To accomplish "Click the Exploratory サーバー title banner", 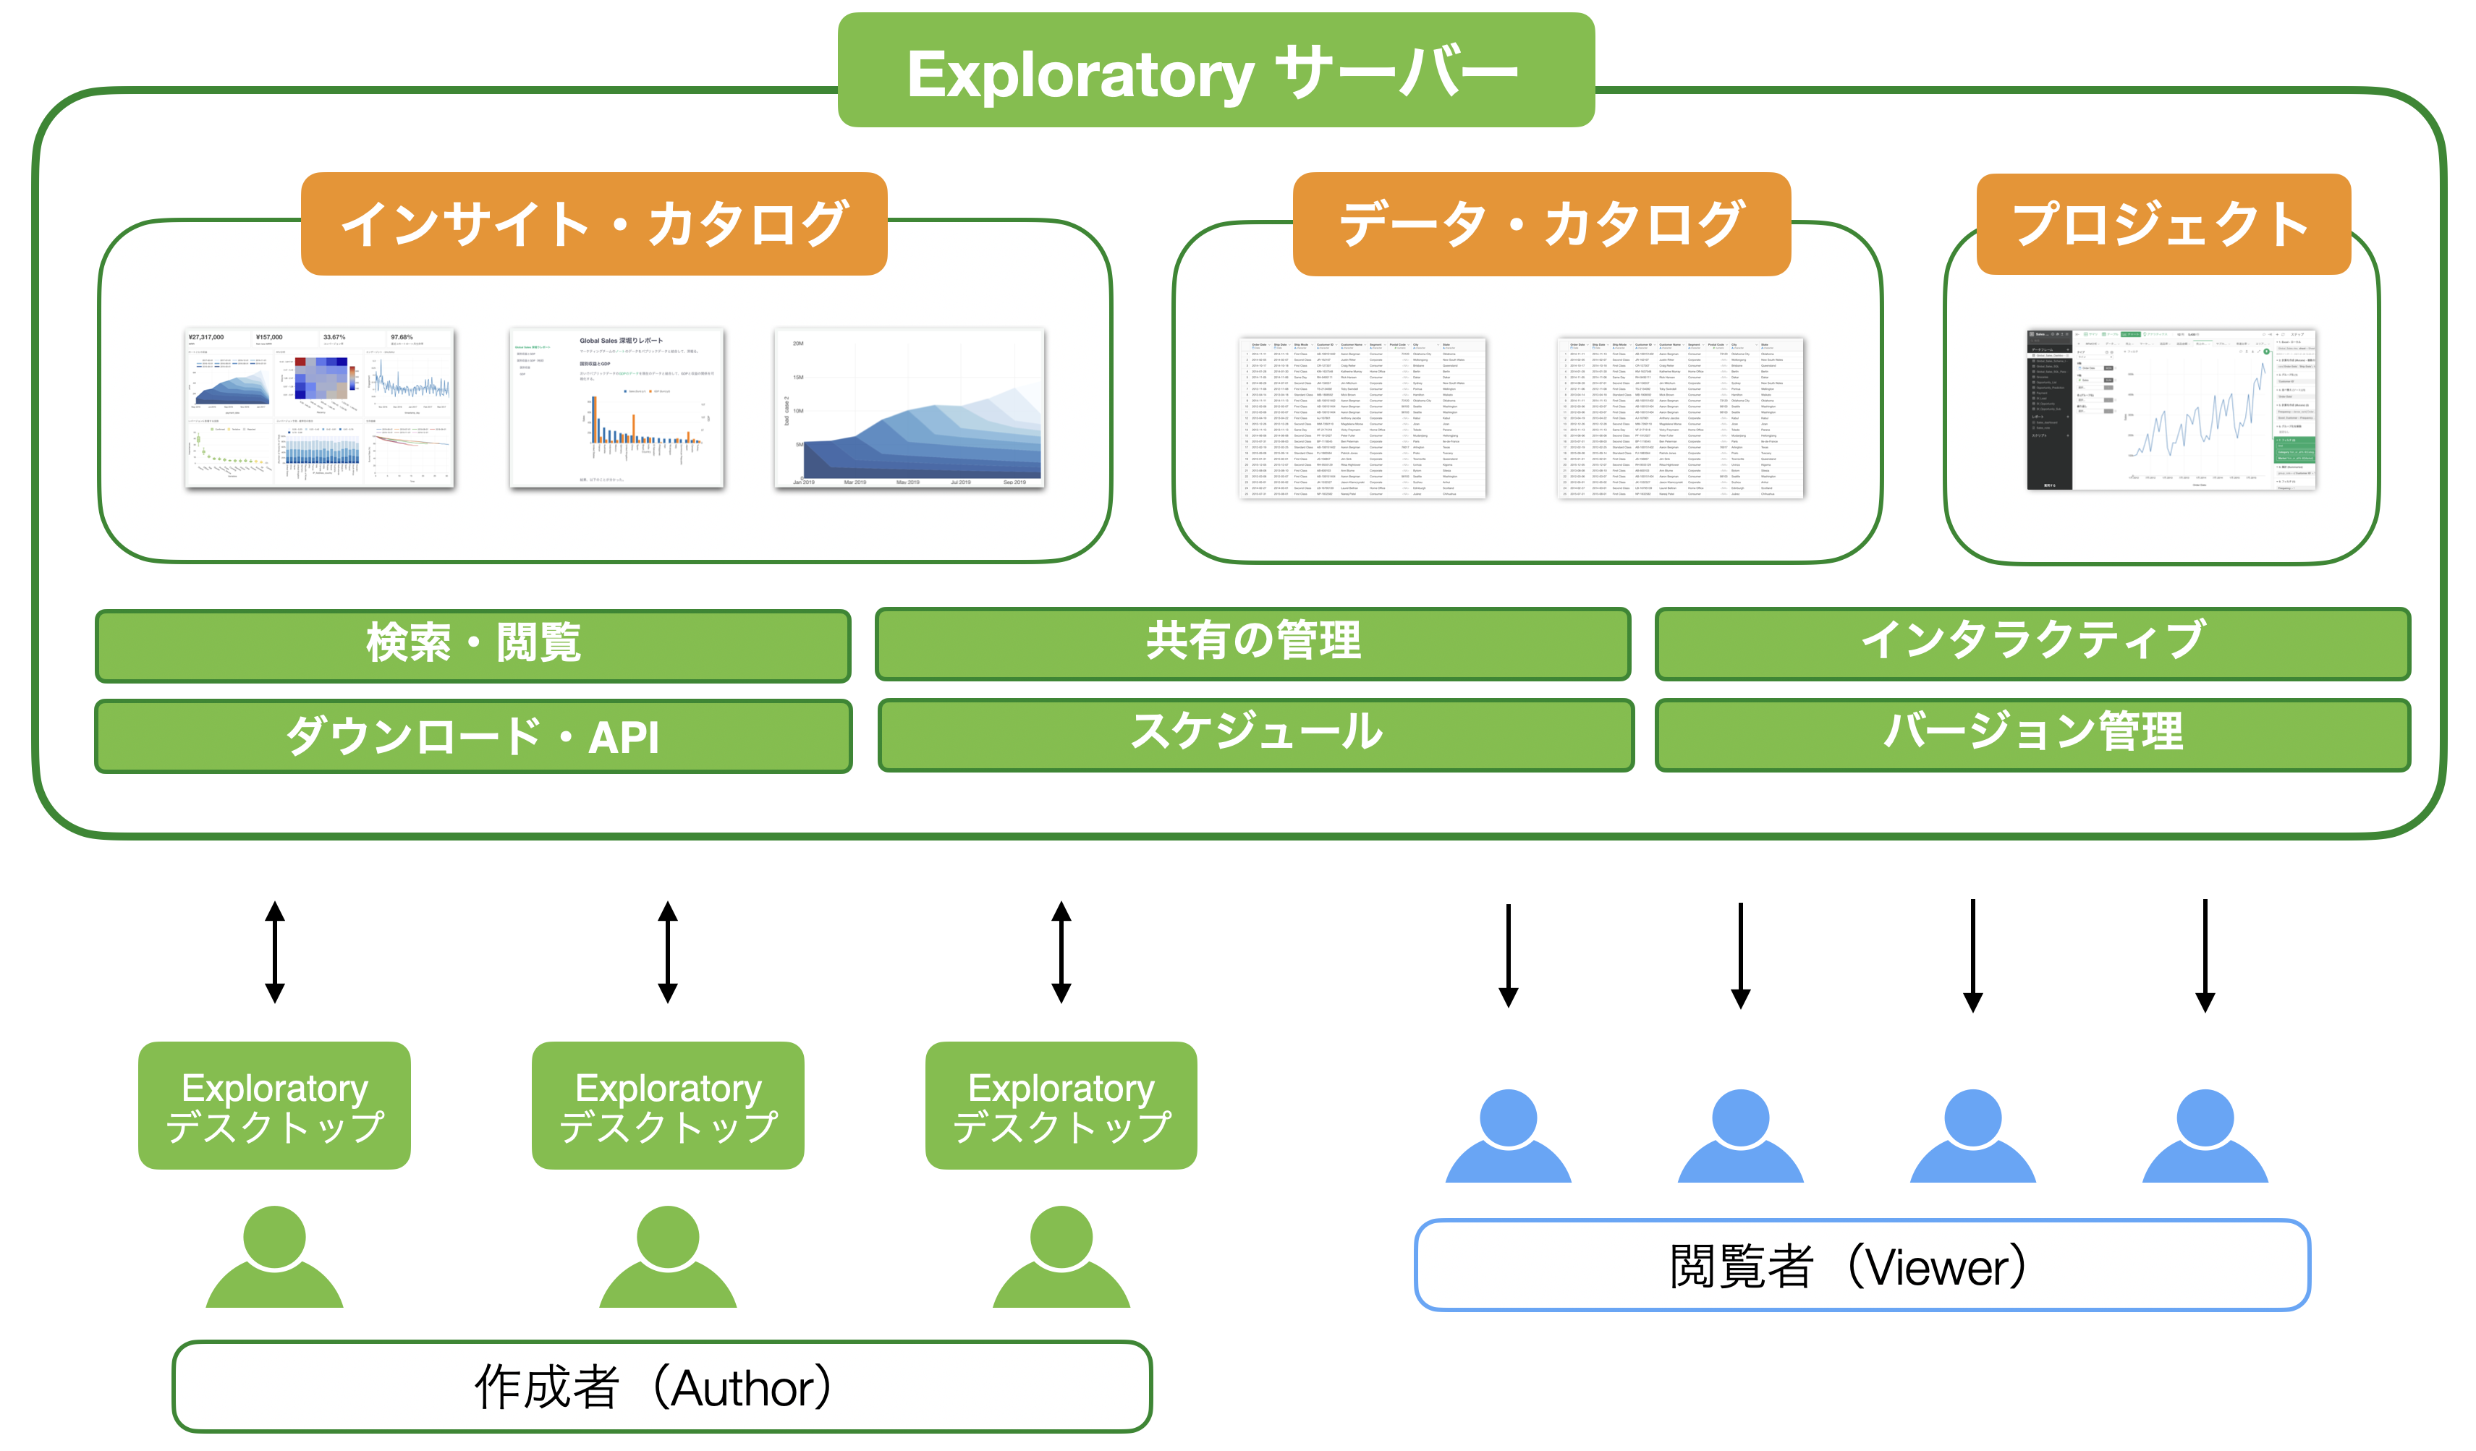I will [1216, 71].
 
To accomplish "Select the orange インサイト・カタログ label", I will [593, 224].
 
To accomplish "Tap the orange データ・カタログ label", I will [1540, 224].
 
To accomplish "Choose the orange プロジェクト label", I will [2163, 224].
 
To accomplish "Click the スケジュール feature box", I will [1255, 734].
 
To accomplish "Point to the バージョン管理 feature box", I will [2032, 734].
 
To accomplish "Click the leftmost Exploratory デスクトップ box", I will [274, 1105].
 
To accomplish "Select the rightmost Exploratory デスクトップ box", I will [1061, 1105].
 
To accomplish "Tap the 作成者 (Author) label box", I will [661, 1386].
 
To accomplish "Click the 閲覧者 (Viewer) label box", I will [1861, 1265].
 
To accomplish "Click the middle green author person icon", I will [668, 1256].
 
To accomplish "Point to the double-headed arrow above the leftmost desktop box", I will [275, 952].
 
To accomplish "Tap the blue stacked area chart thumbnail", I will [909, 408].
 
